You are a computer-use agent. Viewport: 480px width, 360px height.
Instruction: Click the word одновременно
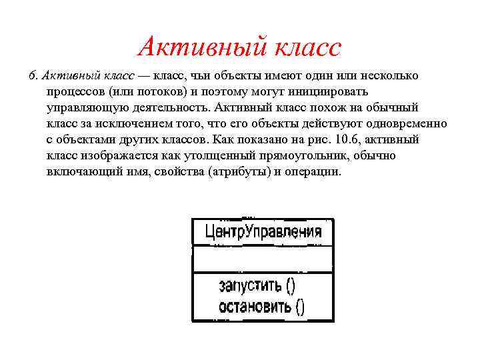410,123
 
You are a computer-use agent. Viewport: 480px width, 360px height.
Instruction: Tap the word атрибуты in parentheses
242,171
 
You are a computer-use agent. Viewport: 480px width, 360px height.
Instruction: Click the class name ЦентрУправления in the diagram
263,232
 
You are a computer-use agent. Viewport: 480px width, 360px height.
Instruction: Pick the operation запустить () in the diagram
256,286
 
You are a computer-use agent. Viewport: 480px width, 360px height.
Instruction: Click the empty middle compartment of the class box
263,259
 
